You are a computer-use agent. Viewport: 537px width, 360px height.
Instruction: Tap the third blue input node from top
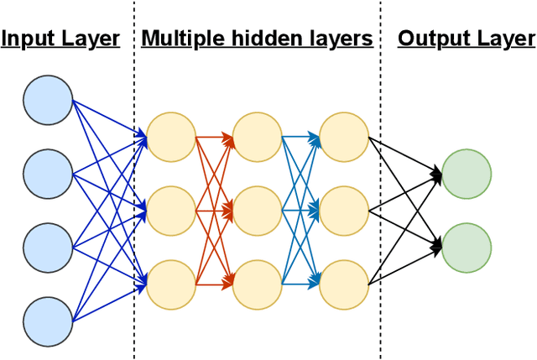coord(48,247)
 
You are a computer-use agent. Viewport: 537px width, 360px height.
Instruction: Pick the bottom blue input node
coord(48,320)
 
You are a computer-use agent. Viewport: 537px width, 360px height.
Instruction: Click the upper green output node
coord(467,174)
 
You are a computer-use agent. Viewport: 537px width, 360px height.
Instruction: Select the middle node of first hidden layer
coord(170,210)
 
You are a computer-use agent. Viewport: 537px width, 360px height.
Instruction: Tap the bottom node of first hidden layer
coord(170,284)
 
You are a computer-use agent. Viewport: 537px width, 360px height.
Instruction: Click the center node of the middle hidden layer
coord(258,210)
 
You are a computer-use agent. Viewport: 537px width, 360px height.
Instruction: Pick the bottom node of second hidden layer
coord(258,284)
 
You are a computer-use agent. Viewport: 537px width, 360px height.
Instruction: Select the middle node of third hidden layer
coord(344,210)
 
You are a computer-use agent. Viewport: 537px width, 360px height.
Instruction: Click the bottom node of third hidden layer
coord(344,284)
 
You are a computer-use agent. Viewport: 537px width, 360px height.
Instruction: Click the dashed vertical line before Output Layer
coord(380,210)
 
